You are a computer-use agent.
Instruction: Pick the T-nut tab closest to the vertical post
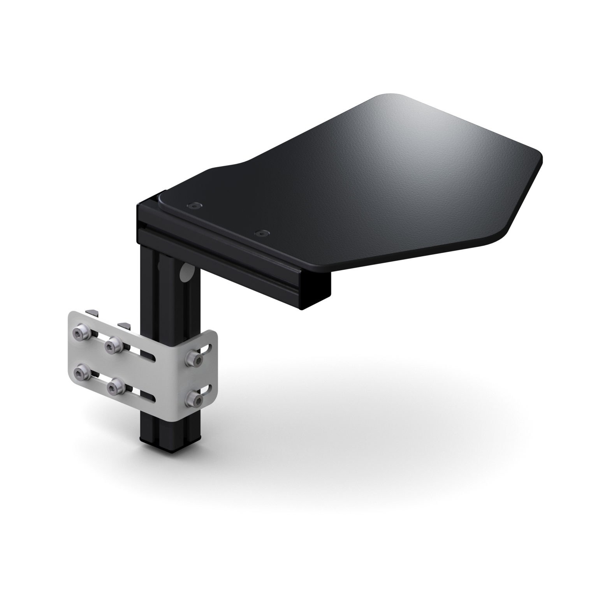pyautogui.click(x=124, y=324)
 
